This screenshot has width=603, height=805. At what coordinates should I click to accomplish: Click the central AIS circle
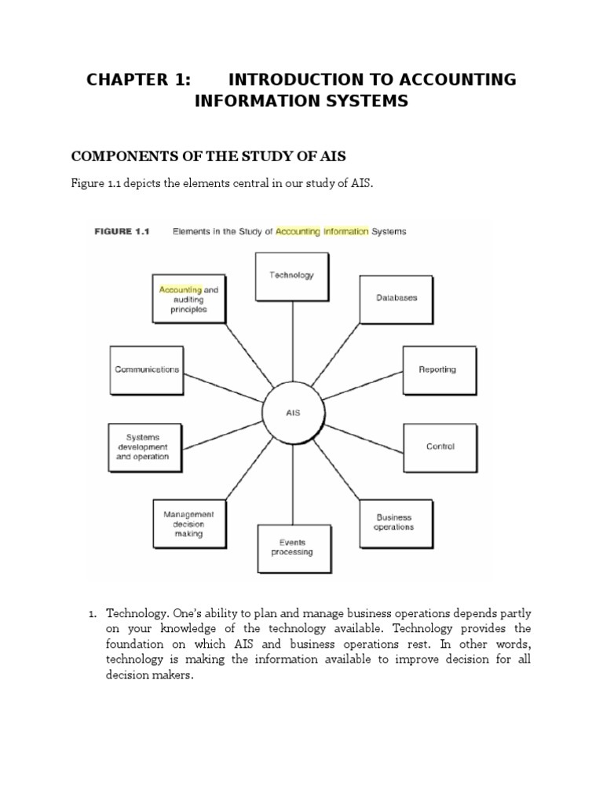[x=293, y=412]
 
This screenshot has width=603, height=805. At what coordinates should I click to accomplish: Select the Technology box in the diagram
[x=291, y=276]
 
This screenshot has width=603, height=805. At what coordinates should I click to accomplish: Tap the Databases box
[x=396, y=299]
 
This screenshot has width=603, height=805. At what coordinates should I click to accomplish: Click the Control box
[x=440, y=447]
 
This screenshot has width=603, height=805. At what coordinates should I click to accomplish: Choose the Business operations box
[x=394, y=523]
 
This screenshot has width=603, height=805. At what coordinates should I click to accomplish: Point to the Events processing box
[x=291, y=547]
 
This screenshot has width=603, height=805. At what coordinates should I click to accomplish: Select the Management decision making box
[x=188, y=524]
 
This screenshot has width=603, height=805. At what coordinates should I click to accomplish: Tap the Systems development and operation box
[x=147, y=447]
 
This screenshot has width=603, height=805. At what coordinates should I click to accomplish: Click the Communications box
[x=147, y=369]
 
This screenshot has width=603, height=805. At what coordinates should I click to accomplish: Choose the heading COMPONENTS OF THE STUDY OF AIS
[x=209, y=156]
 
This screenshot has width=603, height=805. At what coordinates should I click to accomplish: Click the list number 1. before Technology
[x=91, y=613]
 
